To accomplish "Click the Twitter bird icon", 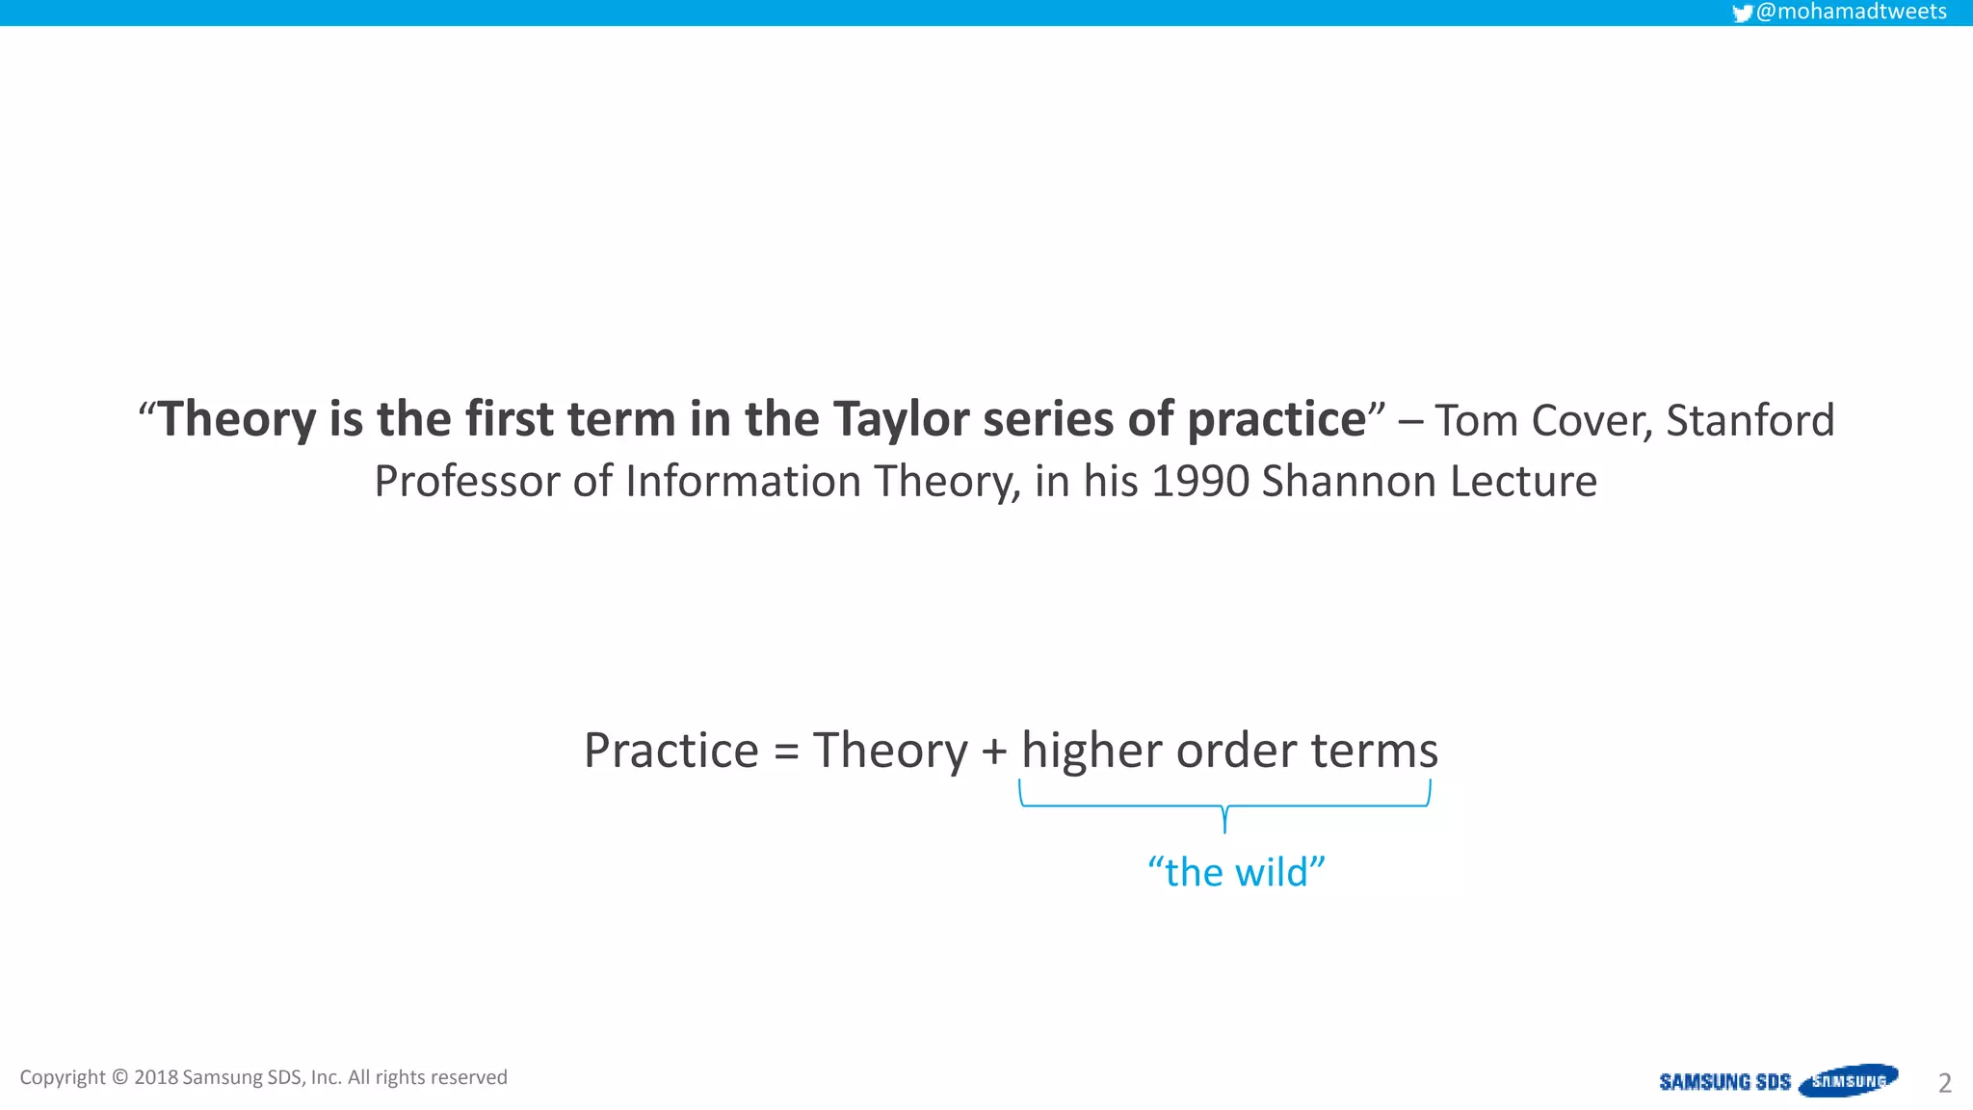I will click(1742, 13).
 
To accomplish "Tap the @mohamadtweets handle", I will click(1851, 12).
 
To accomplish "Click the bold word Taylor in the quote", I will click(901, 420).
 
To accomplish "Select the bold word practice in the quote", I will click(1276, 420).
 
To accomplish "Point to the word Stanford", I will click(1749, 420).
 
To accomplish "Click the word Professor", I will click(466, 481).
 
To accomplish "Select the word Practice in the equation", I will click(671, 751).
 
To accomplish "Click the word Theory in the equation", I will click(890, 751).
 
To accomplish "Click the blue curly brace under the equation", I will click(1224, 806).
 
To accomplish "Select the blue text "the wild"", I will click(1236, 872).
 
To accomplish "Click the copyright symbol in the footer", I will click(119, 1077).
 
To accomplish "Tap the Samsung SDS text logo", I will click(1724, 1082).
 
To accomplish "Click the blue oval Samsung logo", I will click(1848, 1080).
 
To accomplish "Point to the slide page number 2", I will click(1944, 1083).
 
